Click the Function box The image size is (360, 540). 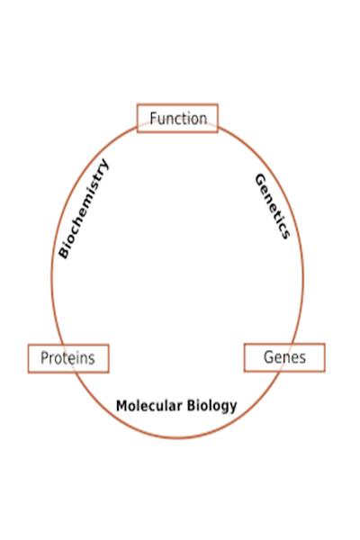coord(177,118)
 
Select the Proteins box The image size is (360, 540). coord(68,358)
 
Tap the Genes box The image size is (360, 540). coord(284,357)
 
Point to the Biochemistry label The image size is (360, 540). coord(84,209)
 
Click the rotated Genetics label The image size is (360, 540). coord(273,206)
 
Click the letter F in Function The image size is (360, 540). coord(154,119)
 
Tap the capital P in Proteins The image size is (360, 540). coord(44,358)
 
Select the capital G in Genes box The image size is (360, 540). coord(269,357)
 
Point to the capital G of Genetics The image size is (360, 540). coord(260,179)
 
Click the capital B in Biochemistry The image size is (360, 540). coord(64,252)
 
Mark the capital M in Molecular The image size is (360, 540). coord(122,406)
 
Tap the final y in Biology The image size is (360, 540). coord(233,408)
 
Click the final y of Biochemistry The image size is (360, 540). coord(103,163)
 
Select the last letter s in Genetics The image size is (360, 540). coord(284,234)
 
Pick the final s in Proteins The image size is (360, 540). coord(91,360)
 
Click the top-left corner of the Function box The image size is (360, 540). coord(137,103)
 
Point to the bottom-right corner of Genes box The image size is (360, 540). coord(325,372)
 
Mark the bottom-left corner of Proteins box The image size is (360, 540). coord(28,373)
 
